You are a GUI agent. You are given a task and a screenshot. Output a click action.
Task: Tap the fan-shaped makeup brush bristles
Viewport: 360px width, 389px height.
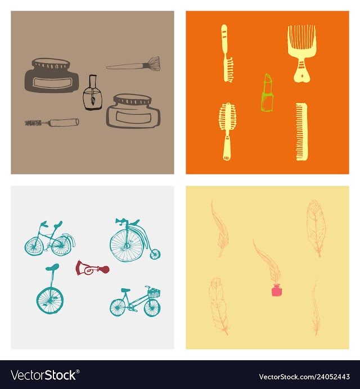(x=154, y=63)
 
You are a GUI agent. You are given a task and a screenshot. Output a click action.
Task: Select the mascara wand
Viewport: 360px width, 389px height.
(x=52, y=122)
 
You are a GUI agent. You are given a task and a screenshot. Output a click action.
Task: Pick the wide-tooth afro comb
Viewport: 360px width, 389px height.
(x=301, y=53)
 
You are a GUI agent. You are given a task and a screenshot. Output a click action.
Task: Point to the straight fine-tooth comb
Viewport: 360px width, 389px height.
(x=301, y=132)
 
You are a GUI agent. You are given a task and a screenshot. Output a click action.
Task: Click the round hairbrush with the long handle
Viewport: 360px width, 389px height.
(x=227, y=132)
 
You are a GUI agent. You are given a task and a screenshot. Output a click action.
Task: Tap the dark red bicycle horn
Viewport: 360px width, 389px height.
(x=92, y=268)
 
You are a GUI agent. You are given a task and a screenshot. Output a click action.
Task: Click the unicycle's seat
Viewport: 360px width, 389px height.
(x=52, y=267)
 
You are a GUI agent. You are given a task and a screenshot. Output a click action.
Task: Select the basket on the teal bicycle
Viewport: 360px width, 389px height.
(x=154, y=293)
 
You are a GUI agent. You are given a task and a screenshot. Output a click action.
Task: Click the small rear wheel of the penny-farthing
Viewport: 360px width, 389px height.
(x=155, y=254)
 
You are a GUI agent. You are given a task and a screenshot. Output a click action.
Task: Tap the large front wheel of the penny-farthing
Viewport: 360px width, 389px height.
(x=127, y=245)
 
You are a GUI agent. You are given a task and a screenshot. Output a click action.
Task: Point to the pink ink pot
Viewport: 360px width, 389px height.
(x=277, y=290)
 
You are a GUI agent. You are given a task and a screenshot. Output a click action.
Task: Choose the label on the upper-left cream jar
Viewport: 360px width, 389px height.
(x=52, y=82)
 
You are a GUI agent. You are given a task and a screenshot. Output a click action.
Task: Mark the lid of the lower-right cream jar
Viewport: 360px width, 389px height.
(x=132, y=100)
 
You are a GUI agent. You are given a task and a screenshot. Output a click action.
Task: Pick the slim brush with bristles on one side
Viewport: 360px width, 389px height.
(x=227, y=53)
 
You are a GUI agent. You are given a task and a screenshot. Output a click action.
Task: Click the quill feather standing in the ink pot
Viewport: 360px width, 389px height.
(x=266, y=262)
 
